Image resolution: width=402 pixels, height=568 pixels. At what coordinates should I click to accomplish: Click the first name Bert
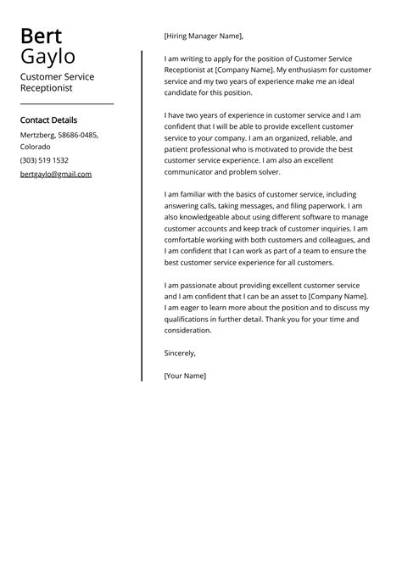click(41, 36)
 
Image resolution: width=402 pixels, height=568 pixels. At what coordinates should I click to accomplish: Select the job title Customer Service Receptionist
click(57, 81)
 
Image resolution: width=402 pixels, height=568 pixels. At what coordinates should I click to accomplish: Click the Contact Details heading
click(48, 120)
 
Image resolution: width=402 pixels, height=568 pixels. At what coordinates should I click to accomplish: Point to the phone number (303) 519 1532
click(44, 160)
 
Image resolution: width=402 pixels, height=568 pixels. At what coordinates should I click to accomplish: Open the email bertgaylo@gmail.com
click(55, 174)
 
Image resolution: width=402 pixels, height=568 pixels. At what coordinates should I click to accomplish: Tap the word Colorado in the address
click(36, 147)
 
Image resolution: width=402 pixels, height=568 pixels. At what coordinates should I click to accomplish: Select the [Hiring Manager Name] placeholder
click(204, 36)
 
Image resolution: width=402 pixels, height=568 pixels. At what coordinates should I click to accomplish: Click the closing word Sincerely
click(180, 353)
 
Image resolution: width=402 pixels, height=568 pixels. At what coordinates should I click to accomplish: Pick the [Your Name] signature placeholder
click(185, 374)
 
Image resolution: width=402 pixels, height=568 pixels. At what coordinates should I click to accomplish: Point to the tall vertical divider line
click(142, 212)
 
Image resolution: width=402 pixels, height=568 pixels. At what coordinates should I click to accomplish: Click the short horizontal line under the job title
click(66, 103)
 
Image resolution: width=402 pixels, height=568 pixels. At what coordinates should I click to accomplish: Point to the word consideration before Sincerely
click(187, 331)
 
